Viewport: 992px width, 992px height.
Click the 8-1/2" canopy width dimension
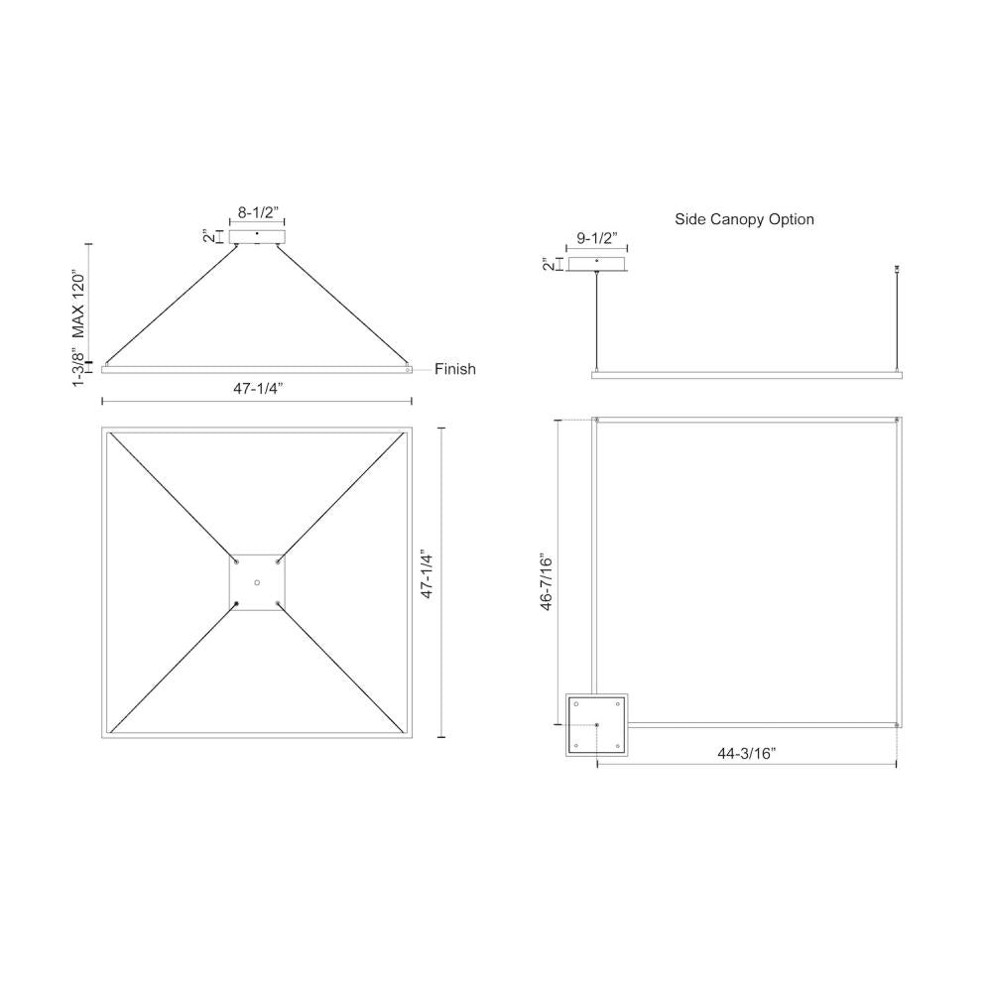pos(258,212)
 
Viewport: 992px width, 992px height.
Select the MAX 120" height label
pos(77,305)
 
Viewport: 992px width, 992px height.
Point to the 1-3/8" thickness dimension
pos(77,366)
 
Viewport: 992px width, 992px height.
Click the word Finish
pos(455,369)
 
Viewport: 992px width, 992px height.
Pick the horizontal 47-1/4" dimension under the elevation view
pos(258,389)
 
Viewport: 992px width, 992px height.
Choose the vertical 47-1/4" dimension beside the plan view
pos(427,575)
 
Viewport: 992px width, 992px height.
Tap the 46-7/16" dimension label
pos(546,582)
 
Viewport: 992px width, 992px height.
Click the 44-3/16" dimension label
pos(747,754)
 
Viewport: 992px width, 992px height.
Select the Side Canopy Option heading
pos(744,219)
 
